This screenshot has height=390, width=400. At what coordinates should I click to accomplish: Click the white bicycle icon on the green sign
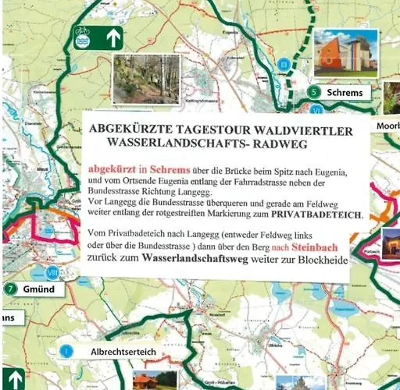[x=83, y=36]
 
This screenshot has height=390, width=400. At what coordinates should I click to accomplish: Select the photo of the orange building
[x=345, y=52]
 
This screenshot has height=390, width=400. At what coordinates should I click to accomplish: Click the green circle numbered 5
[x=314, y=92]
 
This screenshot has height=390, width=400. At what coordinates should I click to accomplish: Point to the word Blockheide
[x=318, y=259]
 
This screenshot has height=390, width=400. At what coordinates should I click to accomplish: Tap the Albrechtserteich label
[x=123, y=352]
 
